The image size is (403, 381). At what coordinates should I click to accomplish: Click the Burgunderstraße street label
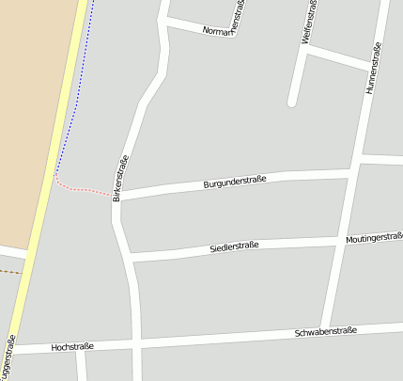pyautogui.click(x=235, y=181)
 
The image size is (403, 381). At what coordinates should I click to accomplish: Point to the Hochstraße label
pyautogui.click(x=72, y=347)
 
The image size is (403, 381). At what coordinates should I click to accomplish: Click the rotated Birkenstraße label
pyautogui.click(x=119, y=179)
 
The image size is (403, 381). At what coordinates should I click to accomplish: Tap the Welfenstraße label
pyautogui.click(x=306, y=23)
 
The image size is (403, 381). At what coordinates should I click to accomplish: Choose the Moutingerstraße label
pyautogui.click(x=374, y=237)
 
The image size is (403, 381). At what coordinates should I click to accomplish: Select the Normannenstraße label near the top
pyautogui.click(x=222, y=32)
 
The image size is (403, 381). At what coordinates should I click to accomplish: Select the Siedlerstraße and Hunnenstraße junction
pyautogui.click(x=340, y=241)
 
